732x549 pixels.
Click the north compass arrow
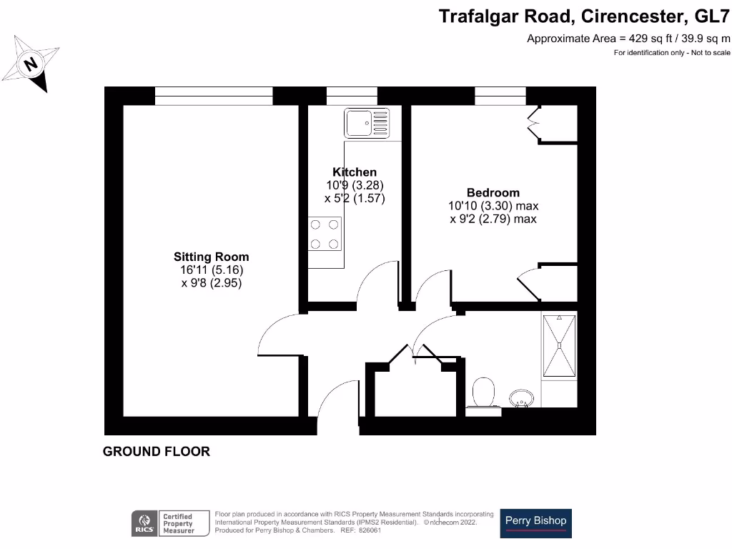(31, 65)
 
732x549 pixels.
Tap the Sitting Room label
(212, 257)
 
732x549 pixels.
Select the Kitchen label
(355, 172)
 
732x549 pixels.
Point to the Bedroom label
(493, 192)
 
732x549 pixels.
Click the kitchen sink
(367, 123)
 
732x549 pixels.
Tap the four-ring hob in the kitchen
(325, 234)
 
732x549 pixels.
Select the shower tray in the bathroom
(558, 346)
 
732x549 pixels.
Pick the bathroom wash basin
(520, 397)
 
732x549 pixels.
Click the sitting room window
(214, 96)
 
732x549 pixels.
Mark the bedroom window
(500, 96)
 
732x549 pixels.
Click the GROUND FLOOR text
(157, 452)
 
